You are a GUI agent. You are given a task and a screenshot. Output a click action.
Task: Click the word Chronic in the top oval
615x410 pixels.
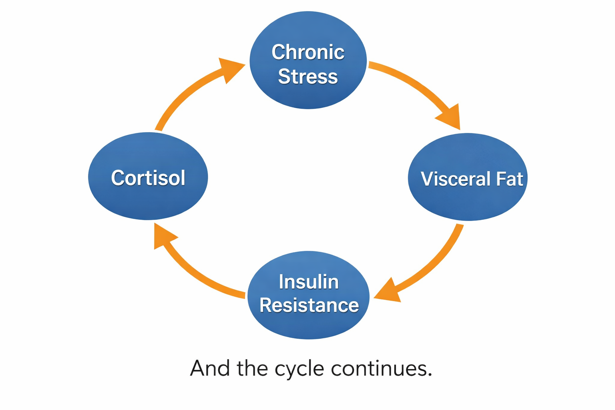[x=308, y=52]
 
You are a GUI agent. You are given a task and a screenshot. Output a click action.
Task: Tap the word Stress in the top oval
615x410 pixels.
[x=308, y=76]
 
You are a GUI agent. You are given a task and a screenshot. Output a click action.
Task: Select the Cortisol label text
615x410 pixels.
[x=148, y=178]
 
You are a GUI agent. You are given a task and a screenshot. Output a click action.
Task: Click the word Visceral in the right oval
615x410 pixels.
[x=456, y=179]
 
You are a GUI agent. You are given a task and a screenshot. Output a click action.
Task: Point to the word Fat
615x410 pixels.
[x=509, y=179]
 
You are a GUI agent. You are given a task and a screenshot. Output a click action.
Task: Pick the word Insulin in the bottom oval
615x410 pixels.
[x=309, y=282]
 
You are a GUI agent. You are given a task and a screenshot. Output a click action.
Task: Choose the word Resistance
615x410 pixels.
[x=309, y=305]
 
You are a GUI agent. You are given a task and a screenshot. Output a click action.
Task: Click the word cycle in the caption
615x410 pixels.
[x=299, y=369]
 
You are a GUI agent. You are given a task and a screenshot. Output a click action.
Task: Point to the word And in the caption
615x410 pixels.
[x=210, y=368]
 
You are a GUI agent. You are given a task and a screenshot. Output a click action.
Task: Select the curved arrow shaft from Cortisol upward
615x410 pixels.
[x=180, y=100]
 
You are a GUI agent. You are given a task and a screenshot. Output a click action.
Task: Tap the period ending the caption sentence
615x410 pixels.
[x=430, y=375]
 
